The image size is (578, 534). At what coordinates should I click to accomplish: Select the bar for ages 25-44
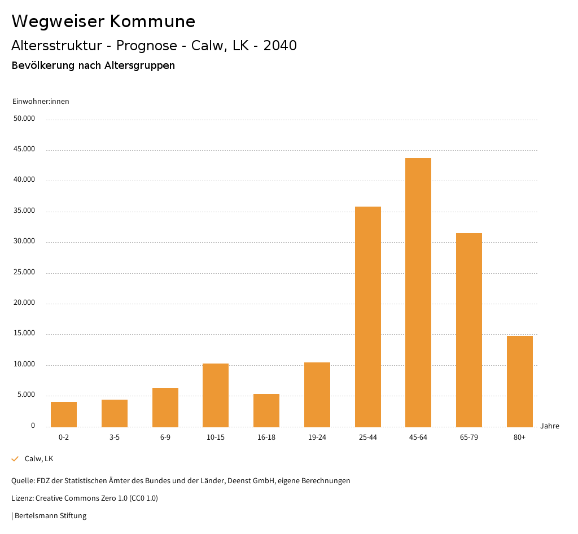[367, 317]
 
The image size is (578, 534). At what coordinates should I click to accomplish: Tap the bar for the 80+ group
[519, 381]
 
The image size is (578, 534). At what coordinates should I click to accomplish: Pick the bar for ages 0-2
[64, 414]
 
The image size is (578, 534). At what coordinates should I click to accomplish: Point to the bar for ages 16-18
[266, 410]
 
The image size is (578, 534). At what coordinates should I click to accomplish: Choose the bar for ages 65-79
[469, 330]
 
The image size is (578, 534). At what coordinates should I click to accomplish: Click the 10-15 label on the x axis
[216, 437]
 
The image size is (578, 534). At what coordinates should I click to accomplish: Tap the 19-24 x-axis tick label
[317, 437]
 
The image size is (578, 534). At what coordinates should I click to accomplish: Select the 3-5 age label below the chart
[115, 437]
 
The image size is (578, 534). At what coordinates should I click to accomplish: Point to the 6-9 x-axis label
[165, 437]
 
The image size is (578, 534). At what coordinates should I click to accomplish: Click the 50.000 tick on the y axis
[25, 119]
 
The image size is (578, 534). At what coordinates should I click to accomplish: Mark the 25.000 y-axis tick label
[25, 272]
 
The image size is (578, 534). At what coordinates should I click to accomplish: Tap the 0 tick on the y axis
[33, 426]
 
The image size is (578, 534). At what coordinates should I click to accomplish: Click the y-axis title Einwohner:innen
[41, 102]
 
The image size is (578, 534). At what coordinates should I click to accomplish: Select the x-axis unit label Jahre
[549, 426]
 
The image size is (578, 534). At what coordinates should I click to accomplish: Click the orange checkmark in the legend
[15, 459]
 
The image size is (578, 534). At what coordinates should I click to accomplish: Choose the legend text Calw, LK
[39, 459]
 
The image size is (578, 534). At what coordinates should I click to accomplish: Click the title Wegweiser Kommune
[103, 21]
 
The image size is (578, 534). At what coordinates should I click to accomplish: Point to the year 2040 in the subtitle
[280, 46]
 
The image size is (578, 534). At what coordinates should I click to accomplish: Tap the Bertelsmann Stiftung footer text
[50, 515]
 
